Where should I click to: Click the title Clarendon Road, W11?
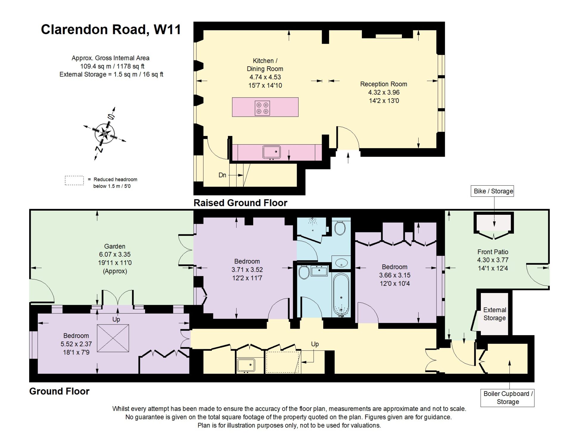111,30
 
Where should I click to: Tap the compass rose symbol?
105,133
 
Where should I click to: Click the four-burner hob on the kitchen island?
262,108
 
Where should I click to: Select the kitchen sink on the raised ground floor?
271,152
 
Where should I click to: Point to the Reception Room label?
383,84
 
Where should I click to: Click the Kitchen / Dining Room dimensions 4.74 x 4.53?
265,77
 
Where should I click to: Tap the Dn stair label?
222,175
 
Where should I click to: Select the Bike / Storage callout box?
493,191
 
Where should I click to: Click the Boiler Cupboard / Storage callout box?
507,398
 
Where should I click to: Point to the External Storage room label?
495,314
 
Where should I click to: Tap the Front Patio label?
493,252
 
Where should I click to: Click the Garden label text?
115,246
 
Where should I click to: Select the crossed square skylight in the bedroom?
113,338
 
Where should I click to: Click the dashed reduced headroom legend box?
74,181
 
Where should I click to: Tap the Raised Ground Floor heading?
240,203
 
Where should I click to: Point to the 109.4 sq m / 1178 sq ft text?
112,66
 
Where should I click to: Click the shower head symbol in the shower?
312,221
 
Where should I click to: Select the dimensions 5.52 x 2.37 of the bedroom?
76,344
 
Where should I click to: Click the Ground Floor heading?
59,391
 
